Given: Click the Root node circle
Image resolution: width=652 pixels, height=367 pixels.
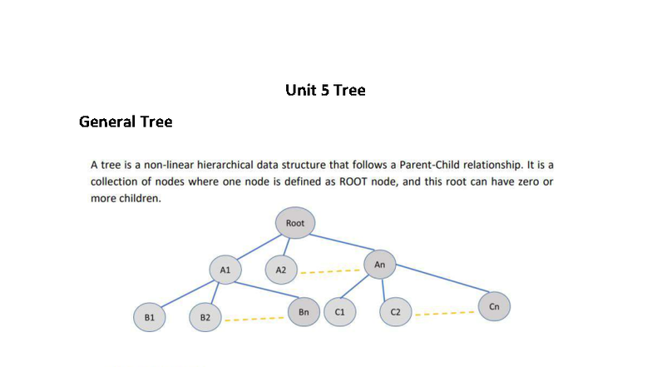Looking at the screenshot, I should point(295,224).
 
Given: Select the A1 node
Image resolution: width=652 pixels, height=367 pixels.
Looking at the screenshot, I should point(225,270).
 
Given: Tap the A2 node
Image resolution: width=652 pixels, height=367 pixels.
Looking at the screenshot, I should point(281,270).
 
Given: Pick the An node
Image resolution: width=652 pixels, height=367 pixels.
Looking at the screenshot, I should point(379,265).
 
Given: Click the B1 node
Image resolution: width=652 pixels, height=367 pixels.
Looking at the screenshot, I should point(150,318).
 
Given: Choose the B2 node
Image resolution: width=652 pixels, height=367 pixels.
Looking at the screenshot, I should point(205,318).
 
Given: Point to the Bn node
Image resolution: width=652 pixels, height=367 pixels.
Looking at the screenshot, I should point(304,312).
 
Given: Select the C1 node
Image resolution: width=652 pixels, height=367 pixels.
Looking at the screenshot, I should point(339,312).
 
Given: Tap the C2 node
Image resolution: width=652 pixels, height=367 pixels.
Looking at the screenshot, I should point(395,312).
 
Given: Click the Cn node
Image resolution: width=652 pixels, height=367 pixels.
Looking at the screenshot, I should point(494,306).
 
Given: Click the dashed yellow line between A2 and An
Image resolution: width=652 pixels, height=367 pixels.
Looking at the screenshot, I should point(330,270).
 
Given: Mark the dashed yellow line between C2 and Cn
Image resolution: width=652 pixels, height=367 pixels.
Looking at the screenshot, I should point(445,315).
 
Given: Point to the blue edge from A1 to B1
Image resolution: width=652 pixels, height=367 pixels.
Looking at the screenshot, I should point(187,294).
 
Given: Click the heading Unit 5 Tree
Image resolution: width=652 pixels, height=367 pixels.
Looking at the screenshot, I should point(325,90).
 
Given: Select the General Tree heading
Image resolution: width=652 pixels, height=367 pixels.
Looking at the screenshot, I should point(126,122).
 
